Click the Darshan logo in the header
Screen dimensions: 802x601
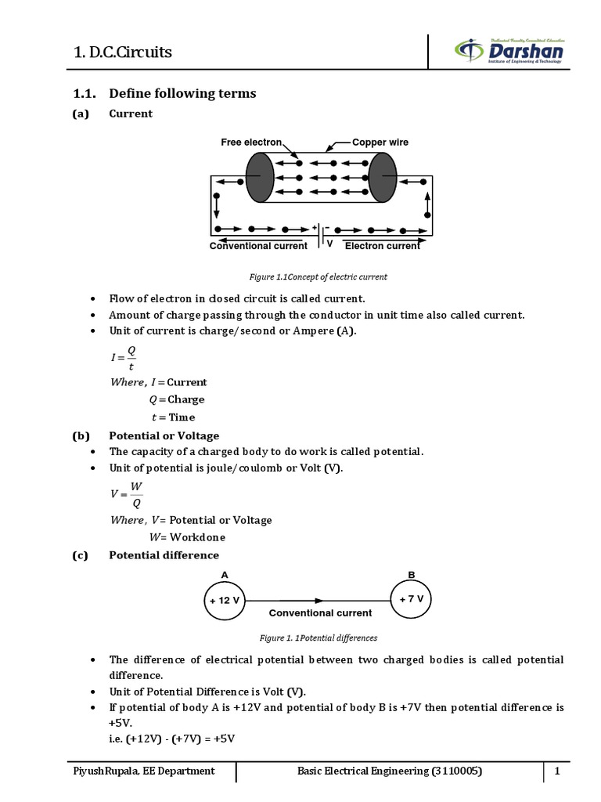[509, 52]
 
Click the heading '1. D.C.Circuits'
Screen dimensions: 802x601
[122, 52]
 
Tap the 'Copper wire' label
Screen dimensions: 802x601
[380, 143]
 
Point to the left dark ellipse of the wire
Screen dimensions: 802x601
[259, 178]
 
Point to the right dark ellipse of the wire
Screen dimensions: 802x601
[383, 178]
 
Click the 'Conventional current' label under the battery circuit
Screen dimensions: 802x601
[258, 246]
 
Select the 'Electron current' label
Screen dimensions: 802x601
[383, 246]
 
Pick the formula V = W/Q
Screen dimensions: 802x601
[127, 494]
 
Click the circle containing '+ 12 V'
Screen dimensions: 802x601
[225, 600]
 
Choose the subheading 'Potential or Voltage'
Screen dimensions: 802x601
[164, 435]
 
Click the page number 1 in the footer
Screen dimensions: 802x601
[558, 771]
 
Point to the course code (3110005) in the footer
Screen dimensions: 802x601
[456, 771]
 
